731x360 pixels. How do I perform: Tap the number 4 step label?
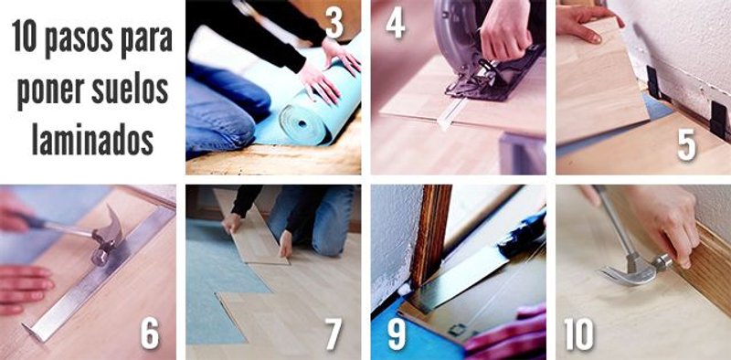(x=395, y=25)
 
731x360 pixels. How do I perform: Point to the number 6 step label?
(x=149, y=334)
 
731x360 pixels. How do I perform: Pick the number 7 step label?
(x=334, y=334)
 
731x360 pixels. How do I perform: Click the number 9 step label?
(x=396, y=334)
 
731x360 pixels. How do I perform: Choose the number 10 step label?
(x=577, y=334)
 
